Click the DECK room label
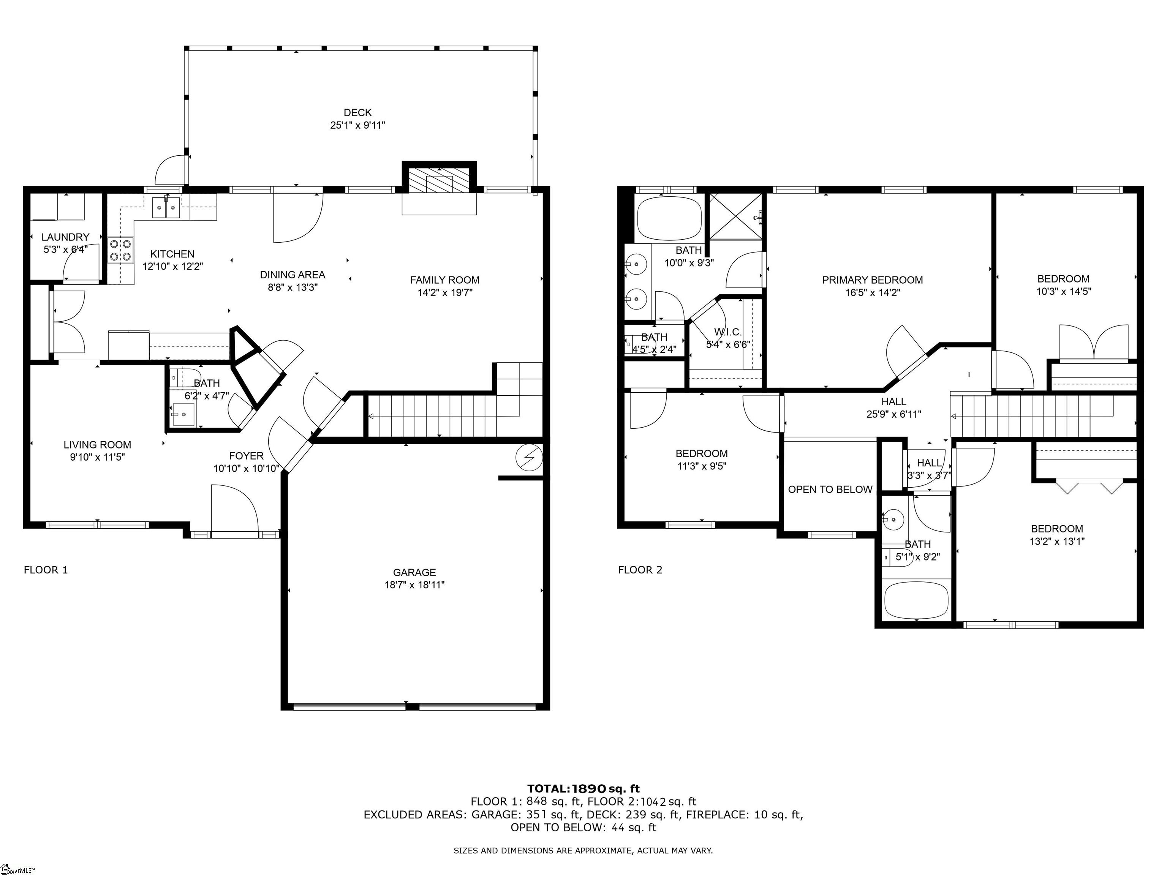[358, 112]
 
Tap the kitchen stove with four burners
[121, 251]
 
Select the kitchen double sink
[166, 207]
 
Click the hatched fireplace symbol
[439, 180]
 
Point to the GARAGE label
[415, 572]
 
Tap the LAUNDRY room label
[65, 237]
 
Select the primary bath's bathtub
[669, 218]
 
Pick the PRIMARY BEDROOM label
[873, 280]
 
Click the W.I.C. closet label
[728, 332]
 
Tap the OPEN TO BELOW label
[830, 490]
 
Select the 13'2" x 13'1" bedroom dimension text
[1057, 541]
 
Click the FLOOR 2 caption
[640, 570]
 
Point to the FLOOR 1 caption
[46, 570]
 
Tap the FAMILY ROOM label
[445, 280]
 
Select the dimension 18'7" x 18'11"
[415, 585]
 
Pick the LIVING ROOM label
[98, 445]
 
